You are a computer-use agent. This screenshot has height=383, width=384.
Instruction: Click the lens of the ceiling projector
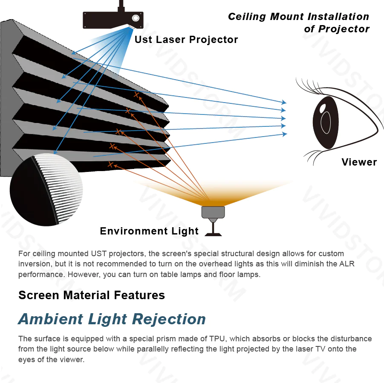(x=136, y=18)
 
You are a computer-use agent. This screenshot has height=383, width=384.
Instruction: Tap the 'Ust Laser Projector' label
(x=186, y=40)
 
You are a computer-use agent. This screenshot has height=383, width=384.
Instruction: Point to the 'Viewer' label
(x=359, y=162)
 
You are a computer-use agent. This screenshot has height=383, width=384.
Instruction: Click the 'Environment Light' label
(x=149, y=231)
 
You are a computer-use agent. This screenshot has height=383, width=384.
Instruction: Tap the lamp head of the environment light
(x=213, y=212)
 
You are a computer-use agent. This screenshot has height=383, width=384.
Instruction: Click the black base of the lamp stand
(x=213, y=234)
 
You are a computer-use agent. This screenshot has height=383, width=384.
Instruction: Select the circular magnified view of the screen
(x=46, y=189)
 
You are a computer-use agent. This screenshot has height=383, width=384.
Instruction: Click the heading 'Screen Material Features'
(x=92, y=295)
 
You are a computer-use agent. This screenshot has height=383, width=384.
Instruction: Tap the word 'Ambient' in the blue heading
(x=51, y=319)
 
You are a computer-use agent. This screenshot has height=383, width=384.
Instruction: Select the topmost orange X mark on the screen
(x=136, y=94)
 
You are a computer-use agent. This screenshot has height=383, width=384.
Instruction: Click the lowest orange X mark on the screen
(x=110, y=164)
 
